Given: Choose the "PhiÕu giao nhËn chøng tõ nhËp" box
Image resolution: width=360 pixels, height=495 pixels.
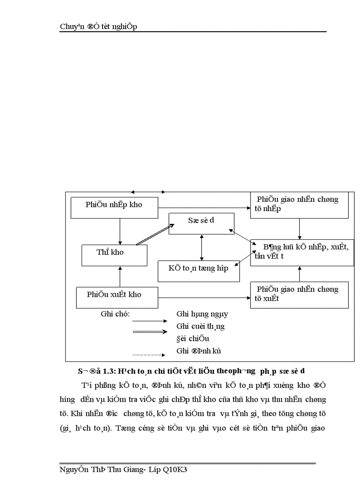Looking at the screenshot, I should point(300,204).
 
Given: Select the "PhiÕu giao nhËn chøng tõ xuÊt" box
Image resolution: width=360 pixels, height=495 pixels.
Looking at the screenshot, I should point(300,294).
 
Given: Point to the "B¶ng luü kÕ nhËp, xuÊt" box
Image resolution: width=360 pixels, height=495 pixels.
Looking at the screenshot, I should point(302,253).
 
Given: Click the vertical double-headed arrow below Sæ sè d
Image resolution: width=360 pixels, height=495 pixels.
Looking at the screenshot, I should point(202,248).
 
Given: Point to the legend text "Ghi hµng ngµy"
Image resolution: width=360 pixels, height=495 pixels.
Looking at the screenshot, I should point(202,314).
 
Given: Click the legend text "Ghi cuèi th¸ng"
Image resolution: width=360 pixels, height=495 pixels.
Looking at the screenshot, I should point(200,327).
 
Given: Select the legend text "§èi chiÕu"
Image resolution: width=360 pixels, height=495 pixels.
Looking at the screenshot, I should point(193,339).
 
